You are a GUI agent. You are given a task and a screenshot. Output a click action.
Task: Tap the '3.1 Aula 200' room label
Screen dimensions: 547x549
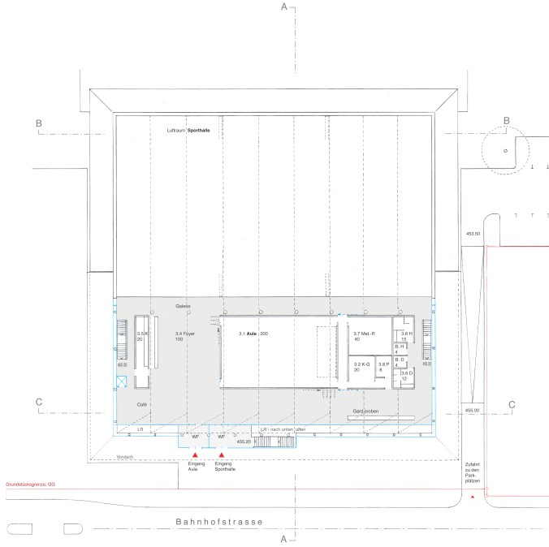[x=253, y=334]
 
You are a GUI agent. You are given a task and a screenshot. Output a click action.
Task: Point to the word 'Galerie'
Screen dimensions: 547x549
[x=182, y=306]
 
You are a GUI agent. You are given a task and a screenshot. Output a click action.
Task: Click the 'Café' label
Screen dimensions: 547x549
[x=141, y=403]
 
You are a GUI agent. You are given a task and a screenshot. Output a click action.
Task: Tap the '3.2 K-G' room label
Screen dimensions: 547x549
[x=362, y=366]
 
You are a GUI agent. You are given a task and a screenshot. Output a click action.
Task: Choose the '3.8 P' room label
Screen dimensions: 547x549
[x=384, y=366]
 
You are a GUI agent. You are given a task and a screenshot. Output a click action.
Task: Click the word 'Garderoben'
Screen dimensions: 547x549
[x=367, y=412]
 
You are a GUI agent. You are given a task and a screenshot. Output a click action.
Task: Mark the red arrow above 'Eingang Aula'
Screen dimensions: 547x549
[x=195, y=456]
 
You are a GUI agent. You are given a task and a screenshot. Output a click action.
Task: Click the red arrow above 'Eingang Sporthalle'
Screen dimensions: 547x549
[x=221, y=456]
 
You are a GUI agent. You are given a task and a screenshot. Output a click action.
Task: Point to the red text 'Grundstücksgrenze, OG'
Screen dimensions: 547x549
[x=32, y=485]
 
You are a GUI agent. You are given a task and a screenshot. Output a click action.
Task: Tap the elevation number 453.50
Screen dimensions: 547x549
[x=473, y=234]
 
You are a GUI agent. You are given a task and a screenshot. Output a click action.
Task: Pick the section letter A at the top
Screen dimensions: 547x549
[x=284, y=6]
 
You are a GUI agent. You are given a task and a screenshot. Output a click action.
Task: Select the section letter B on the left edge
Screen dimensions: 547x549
[x=38, y=123]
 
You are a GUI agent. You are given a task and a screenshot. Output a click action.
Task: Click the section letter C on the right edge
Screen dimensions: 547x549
[x=512, y=404]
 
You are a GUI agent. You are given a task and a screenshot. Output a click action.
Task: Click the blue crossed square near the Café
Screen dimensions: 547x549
[x=121, y=381]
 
